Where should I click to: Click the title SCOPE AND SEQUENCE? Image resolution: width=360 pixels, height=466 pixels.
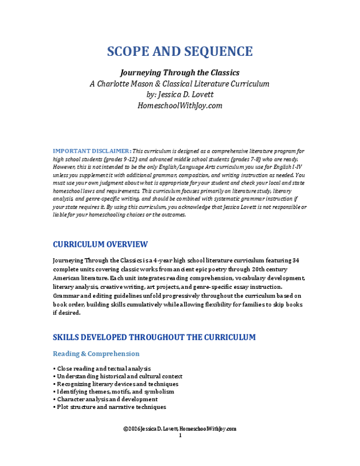pyautogui.click(x=180, y=51)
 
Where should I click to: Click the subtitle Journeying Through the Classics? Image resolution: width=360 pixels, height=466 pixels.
pyautogui.click(x=180, y=72)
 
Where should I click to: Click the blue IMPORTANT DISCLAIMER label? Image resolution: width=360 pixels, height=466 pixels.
pyautogui.click(x=92, y=150)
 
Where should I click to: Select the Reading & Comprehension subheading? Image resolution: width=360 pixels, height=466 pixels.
pyautogui.click(x=96, y=354)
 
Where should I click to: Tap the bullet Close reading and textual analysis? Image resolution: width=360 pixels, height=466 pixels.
pyautogui.click(x=103, y=368)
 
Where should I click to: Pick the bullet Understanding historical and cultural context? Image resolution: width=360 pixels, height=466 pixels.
pyautogui.click(x=114, y=376)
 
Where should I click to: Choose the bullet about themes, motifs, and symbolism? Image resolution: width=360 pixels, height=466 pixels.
pyautogui.click(x=114, y=392)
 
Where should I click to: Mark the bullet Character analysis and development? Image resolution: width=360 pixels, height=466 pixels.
pyautogui.click(x=106, y=399)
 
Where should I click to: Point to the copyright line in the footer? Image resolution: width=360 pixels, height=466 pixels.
pyautogui.click(x=180, y=429)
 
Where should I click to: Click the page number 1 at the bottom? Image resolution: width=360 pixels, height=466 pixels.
pyautogui.click(x=180, y=435)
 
